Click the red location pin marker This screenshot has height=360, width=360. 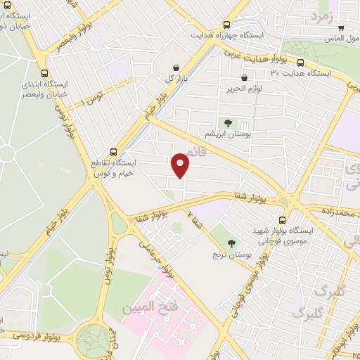181,164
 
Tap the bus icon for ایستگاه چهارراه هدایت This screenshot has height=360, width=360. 226,24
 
